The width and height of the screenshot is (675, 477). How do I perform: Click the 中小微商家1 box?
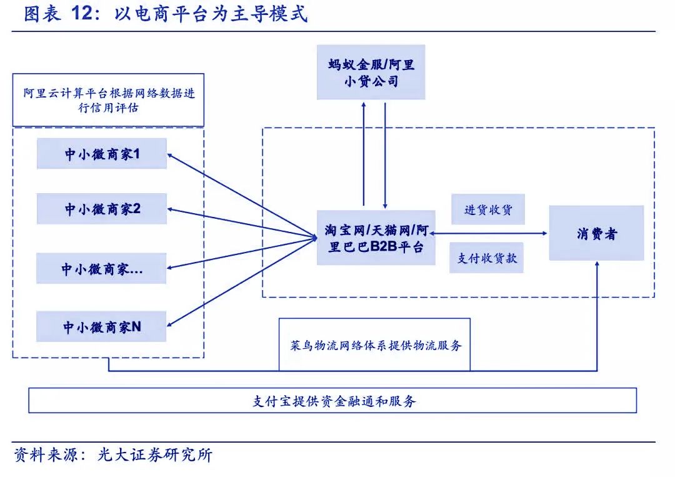102,153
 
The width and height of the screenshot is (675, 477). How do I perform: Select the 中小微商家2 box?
102,209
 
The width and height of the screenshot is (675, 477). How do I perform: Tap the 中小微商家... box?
101,268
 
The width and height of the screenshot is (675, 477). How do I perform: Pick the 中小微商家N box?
101,326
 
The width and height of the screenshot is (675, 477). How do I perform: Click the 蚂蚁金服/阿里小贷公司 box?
371,73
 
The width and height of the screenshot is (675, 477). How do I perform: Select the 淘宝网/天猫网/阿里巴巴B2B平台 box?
376,238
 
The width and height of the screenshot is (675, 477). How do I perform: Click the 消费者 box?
597,233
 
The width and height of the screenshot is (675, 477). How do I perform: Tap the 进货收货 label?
488,209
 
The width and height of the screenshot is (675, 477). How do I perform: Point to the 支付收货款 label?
486,258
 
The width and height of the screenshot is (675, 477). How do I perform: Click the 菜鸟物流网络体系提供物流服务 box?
374,345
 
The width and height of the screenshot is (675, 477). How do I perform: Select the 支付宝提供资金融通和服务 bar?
332,400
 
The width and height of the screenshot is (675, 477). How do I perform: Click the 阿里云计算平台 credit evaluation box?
109,100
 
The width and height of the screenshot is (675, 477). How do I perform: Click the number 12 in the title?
82,13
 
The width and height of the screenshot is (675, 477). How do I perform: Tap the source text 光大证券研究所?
155,454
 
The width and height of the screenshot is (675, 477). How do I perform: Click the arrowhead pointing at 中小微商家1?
170,156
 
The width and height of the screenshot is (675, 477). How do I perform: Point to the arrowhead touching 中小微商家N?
170,324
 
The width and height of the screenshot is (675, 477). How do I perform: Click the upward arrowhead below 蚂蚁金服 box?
364,105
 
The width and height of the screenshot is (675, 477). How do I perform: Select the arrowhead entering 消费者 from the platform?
544,233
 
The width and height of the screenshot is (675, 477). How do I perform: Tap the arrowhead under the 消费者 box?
597,264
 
